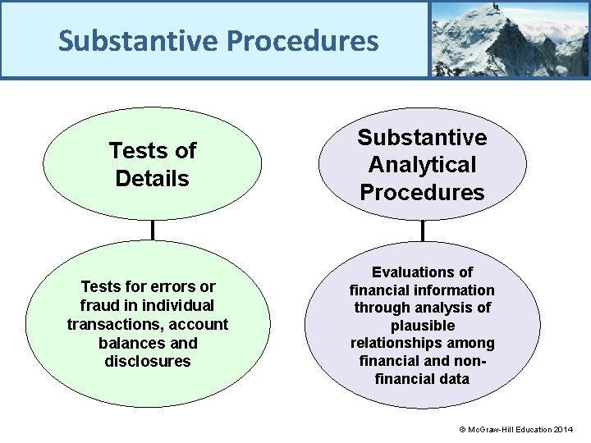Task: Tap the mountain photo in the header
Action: click(509, 39)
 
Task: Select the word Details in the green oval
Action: click(152, 178)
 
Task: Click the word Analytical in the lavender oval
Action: click(422, 165)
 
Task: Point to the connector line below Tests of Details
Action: click(153, 230)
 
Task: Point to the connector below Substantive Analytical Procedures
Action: click(422, 231)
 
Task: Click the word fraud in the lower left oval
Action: click(98, 305)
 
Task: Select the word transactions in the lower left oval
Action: click(108, 324)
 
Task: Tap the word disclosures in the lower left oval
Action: click(148, 362)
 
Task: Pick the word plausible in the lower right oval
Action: click(423, 326)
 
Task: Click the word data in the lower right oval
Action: click(454, 379)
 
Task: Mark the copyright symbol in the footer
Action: click(462, 430)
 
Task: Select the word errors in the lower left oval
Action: click(173, 286)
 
